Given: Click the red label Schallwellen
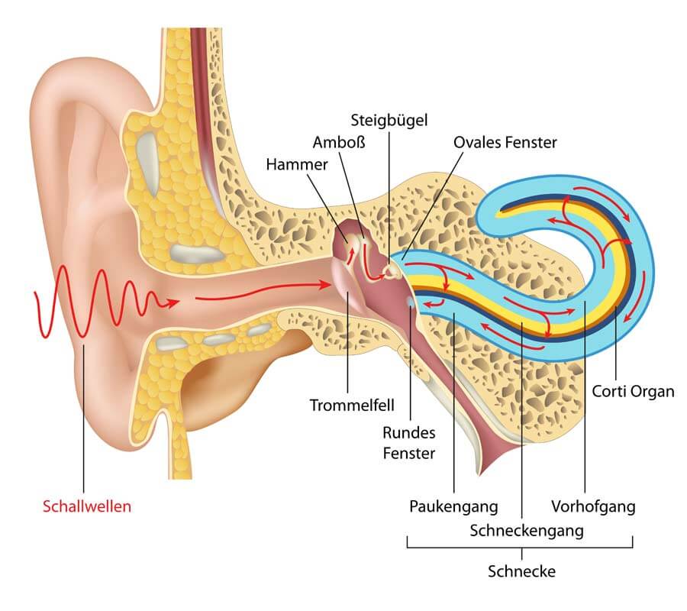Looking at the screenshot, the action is click(87, 506).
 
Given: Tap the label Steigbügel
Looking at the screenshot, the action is click(389, 120).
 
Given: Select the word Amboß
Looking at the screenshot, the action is click(339, 143).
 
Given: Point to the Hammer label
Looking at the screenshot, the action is click(297, 164).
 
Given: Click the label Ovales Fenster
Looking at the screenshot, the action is click(505, 143).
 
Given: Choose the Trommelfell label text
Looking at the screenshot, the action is click(352, 405).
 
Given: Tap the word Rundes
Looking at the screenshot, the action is click(409, 432).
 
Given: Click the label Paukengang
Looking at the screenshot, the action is click(453, 506).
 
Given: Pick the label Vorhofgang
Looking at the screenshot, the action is click(593, 506).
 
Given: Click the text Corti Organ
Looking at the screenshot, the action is click(633, 391).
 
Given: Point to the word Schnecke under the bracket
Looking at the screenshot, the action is click(521, 571).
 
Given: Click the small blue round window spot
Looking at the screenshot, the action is click(411, 302).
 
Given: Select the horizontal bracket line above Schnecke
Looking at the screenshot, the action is click(520, 548).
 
